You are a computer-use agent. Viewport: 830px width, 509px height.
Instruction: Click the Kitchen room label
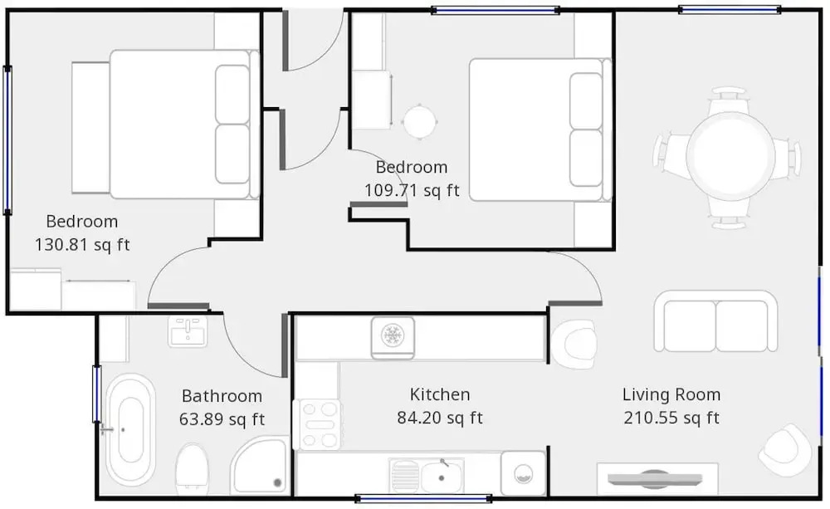(439, 394)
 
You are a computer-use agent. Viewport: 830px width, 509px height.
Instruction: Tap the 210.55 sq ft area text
(671, 418)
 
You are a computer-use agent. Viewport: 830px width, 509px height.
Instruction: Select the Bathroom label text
(222, 396)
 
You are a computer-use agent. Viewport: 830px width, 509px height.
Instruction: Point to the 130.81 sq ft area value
(82, 245)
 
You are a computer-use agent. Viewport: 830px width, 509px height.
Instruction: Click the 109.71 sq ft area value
(412, 190)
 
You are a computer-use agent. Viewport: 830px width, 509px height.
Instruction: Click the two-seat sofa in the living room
(715, 321)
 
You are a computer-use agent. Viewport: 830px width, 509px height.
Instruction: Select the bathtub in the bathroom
(131, 429)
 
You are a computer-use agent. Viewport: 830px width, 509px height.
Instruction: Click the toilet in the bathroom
(192, 467)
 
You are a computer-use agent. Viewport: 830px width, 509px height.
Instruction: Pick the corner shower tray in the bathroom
(260, 465)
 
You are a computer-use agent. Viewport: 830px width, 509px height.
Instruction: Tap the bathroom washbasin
(188, 331)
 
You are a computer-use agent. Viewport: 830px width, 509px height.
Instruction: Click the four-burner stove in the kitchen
(317, 425)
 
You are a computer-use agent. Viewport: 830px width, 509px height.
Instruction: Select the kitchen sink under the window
(426, 475)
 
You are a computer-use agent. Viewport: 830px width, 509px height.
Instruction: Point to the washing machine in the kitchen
(523, 473)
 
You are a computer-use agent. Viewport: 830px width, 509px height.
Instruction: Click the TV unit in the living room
(657, 479)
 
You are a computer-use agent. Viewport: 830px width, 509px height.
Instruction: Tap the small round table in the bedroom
(420, 122)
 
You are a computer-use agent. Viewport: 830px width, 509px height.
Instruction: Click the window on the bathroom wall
(97, 394)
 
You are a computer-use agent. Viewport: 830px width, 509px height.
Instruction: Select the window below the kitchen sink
(423, 498)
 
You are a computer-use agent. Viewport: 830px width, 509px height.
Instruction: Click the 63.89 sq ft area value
(222, 419)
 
